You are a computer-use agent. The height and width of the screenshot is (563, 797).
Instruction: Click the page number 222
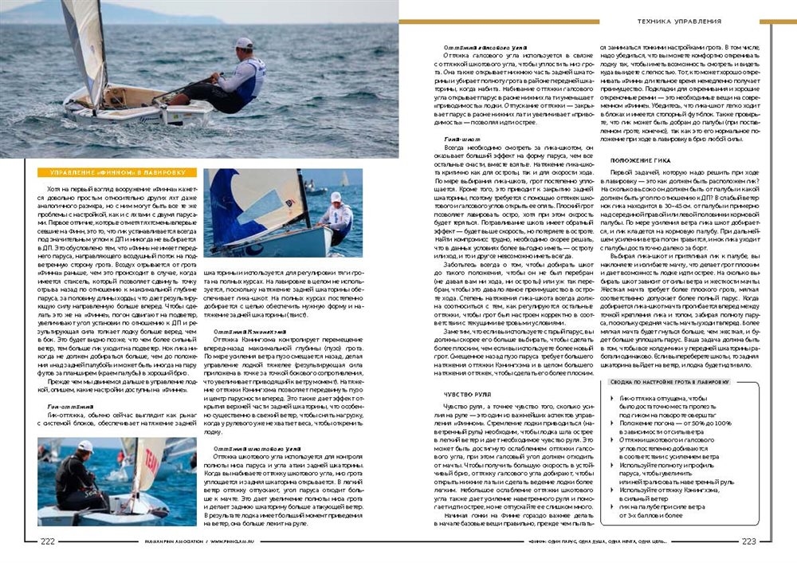click(x=48, y=541)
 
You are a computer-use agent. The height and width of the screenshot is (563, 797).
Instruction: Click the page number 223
click(x=748, y=541)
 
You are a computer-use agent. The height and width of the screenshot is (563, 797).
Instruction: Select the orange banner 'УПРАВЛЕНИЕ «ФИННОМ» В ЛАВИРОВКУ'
click(x=117, y=172)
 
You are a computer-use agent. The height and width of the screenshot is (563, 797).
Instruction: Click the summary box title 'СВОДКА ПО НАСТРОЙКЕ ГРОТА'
click(x=669, y=382)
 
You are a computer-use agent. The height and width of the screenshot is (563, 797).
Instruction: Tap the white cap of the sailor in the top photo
click(x=244, y=42)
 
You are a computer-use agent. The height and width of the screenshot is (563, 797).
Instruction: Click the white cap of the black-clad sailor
click(x=84, y=445)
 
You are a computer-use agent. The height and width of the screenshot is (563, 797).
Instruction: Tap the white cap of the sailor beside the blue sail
click(x=336, y=195)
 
